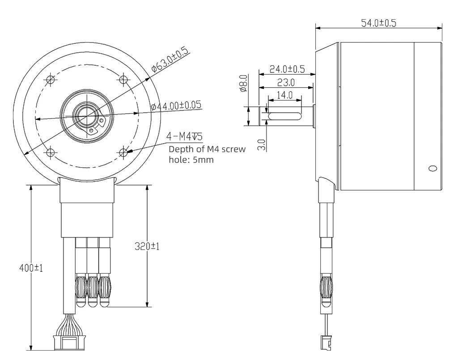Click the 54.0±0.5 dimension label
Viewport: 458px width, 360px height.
[x=378, y=23]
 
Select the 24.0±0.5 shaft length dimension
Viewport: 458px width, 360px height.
[x=287, y=69]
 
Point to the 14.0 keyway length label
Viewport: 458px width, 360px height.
[x=284, y=95]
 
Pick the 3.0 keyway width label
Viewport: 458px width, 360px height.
[x=262, y=144]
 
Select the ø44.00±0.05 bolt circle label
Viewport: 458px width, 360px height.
[x=176, y=106]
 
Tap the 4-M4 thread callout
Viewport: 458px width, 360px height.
[x=185, y=136]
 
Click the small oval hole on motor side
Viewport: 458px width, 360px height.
[x=432, y=169]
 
